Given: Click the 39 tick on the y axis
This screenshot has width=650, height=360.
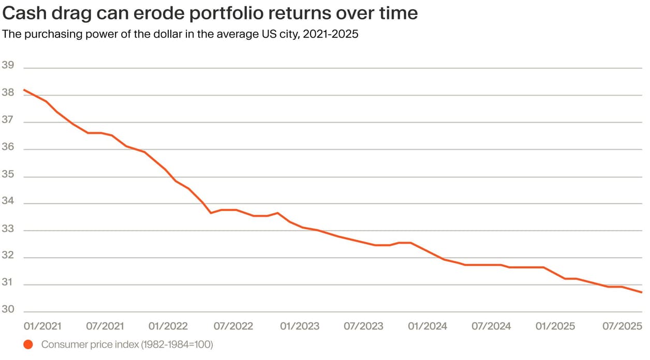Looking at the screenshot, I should coord(8,66).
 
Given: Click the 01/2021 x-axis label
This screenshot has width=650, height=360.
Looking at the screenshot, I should coord(43,326).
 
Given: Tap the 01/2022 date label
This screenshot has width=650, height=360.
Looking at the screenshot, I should coord(168,326).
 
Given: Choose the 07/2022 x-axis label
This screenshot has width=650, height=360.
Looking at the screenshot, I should coord(233,326).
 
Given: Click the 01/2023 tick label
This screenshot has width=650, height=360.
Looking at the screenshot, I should coord(300,326).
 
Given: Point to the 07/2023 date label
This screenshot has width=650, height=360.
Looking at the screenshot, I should coord(364,326).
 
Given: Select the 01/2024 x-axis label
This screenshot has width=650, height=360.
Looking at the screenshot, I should coord(427,326).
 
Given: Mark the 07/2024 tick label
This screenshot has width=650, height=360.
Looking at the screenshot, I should coord(492,326).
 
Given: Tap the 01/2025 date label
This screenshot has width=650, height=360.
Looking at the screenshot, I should coord(555,326).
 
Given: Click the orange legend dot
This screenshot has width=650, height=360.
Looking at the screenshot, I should coord(28,344).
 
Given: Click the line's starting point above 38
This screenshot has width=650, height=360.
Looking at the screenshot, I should coord(24,90).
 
